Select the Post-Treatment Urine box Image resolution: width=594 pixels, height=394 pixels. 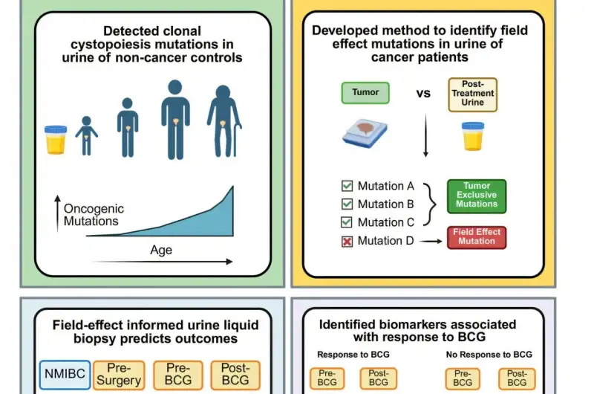(472, 94)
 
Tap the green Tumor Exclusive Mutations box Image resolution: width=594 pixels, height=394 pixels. (476, 196)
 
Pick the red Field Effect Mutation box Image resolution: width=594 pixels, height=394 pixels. (476, 236)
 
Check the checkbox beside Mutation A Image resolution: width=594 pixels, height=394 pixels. (347, 186)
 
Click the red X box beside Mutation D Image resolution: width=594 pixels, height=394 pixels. (347, 241)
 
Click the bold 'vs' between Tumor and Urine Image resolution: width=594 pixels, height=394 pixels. (422, 94)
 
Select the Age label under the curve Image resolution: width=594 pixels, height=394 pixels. (161, 251)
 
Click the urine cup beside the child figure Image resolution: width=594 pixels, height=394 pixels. (56, 139)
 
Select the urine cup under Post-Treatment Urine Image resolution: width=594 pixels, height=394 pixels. (472, 136)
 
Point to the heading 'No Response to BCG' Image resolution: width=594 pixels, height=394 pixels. (490, 354)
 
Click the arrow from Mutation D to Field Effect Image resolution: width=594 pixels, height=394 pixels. (429, 240)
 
